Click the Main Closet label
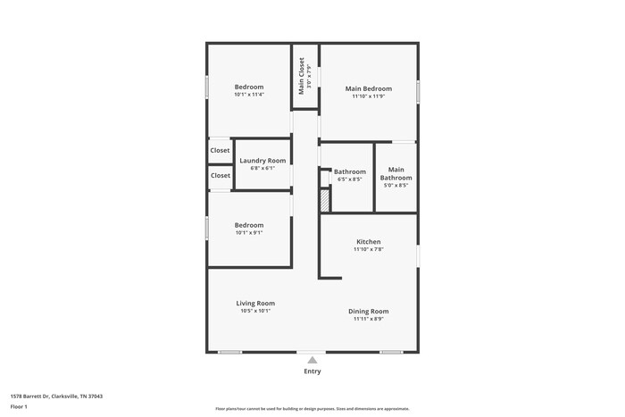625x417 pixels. [x=302, y=76]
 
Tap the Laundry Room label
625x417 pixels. [x=262, y=161]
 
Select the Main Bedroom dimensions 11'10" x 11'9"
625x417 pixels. [x=369, y=96]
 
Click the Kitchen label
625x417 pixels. [x=369, y=242]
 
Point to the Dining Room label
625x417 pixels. [x=369, y=311]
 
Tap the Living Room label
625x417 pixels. [x=255, y=304]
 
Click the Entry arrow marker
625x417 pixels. [x=312, y=360]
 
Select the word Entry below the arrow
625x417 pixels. [x=312, y=371]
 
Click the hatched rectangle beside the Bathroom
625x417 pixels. [x=325, y=200]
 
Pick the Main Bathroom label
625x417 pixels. [x=396, y=173]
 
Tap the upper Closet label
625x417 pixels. [x=220, y=150]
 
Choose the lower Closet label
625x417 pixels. [x=220, y=175]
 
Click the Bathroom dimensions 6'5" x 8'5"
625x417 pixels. [x=350, y=179]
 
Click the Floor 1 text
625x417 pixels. [x=19, y=407]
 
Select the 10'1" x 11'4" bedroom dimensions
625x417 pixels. [x=249, y=95]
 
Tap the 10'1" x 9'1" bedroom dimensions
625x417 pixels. [x=249, y=233]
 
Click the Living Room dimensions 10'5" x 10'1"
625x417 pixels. [x=255, y=311]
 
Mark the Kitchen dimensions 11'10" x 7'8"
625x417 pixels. [x=369, y=250]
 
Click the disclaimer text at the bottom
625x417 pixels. [x=312, y=408]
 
